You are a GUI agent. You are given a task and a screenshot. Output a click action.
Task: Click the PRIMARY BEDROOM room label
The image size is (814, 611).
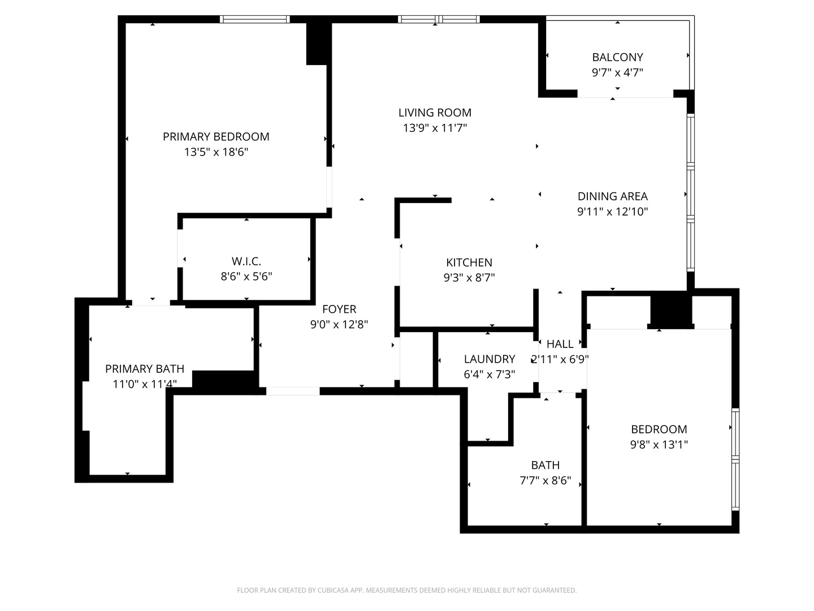pyautogui.click(x=216, y=136)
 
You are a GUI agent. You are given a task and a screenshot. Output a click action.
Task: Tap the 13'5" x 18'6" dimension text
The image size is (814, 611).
pyautogui.click(x=216, y=152)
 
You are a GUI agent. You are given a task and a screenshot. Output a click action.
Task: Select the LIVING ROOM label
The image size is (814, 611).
pyautogui.click(x=435, y=113)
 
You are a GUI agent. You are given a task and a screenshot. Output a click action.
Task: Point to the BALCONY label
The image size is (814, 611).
pyautogui.click(x=617, y=57)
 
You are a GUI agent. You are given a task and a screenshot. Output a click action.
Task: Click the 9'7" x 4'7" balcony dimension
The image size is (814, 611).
pyautogui.click(x=617, y=72)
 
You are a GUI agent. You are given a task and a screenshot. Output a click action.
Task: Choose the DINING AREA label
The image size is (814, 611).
pyautogui.click(x=612, y=196)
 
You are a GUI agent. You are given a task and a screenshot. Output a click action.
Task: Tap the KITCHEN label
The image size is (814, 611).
pyautogui.click(x=469, y=263)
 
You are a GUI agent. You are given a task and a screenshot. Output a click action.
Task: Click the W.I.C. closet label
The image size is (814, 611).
pyautogui.click(x=246, y=261)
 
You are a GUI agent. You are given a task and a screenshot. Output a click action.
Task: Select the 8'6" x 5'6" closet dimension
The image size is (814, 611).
pyautogui.click(x=246, y=277)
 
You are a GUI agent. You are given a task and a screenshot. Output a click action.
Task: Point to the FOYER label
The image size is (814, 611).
pyautogui.click(x=339, y=309)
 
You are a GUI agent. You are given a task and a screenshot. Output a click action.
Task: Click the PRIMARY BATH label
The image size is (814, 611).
pyautogui.click(x=145, y=369)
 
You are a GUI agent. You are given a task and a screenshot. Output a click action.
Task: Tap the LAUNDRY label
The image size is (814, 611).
pyautogui.click(x=489, y=359)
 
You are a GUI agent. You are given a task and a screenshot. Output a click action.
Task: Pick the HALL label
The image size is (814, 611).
pyautogui.click(x=560, y=344)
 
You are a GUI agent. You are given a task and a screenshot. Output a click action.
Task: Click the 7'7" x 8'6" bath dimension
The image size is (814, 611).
pyautogui.click(x=545, y=481)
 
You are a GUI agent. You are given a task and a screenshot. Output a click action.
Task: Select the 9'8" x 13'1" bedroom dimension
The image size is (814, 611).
pyautogui.click(x=659, y=445)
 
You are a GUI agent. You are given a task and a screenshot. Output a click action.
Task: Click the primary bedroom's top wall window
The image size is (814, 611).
pyautogui.click(x=254, y=19)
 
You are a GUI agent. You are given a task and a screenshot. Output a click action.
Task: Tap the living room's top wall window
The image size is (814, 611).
pyautogui.click(x=439, y=19)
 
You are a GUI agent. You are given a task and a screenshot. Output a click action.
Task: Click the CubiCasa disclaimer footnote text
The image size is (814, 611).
pyautogui.click(x=406, y=591)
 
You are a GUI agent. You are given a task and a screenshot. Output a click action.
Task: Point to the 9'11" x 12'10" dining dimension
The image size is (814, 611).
pyautogui.click(x=612, y=212)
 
